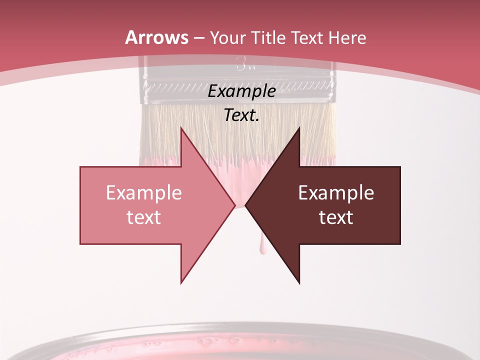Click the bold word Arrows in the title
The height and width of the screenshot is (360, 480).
pyautogui.click(x=157, y=37)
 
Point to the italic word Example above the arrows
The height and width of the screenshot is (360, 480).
pyautogui.click(x=241, y=91)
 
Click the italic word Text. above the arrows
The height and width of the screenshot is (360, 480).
pyautogui.click(x=241, y=115)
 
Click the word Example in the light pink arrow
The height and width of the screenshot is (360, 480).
pyautogui.click(x=143, y=193)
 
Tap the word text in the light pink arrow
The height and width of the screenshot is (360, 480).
pyautogui.click(x=143, y=217)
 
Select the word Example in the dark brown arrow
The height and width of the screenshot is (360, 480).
pyautogui.click(x=336, y=193)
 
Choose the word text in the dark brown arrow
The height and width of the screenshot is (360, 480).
pyautogui.click(x=336, y=217)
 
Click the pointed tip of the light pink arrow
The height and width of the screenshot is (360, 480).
pyautogui.click(x=235, y=205)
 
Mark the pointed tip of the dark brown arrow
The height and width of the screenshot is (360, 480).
pyautogui.click(x=245, y=205)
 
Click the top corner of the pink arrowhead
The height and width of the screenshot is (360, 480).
pyautogui.click(x=181, y=127)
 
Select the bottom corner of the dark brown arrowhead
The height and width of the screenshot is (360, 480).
pyautogui.click(x=299, y=283)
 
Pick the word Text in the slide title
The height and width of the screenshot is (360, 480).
pyautogui.click(x=309, y=37)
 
